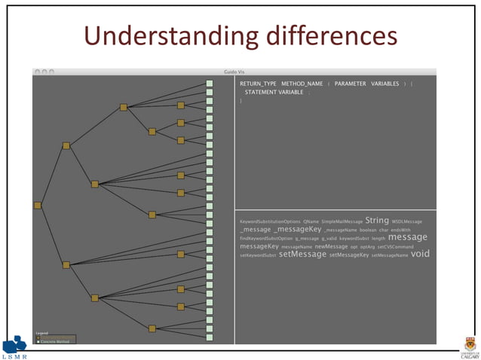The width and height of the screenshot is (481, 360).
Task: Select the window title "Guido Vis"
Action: coord(234,72)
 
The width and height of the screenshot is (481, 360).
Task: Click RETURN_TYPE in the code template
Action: coord(257,83)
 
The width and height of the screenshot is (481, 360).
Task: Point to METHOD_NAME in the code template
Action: coord(302,83)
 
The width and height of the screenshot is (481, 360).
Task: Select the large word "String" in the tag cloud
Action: coord(377,221)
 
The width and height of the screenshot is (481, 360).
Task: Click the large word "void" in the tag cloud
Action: coord(420,254)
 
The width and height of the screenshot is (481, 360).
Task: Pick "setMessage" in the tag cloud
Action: coord(302,255)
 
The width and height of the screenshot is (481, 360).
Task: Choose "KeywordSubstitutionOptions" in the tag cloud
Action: coord(270,221)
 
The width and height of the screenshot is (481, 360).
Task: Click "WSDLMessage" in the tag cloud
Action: coord(407,221)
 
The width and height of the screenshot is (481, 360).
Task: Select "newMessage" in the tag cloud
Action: coord(331,246)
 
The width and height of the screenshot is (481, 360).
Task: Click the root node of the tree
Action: coord(38,205)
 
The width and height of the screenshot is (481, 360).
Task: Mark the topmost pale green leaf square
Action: coord(210,84)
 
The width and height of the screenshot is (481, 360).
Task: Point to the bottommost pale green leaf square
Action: coord(210,338)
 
